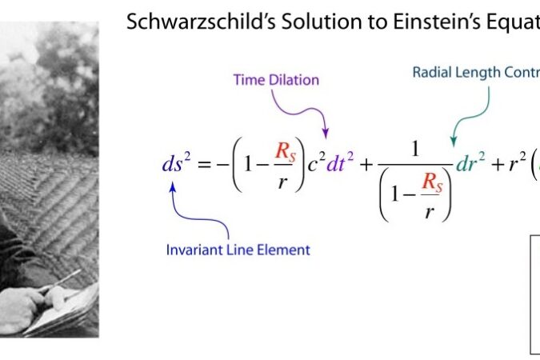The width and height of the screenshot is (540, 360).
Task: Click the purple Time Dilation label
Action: (x=276, y=80)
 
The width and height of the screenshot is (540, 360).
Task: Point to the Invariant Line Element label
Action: (x=238, y=250)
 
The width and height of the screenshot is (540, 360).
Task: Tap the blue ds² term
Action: (x=176, y=163)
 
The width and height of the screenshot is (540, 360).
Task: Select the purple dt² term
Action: (x=340, y=162)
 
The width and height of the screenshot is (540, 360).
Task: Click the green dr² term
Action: (x=470, y=162)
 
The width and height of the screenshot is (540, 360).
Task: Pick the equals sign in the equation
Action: (x=204, y=165)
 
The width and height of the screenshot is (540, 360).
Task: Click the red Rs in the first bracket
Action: (x=286, y=151)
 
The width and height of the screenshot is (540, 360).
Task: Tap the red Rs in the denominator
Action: (x=432, y=182)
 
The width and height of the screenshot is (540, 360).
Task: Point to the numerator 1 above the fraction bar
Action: (x=415, y=149)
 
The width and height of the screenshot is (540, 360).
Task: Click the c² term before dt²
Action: (x=317, y=162)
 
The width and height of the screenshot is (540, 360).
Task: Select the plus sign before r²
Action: (x=498, y=165)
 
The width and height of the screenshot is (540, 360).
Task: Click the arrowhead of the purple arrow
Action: (x=326, y=133)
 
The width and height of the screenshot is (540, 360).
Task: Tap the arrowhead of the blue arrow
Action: (x=173, y=188)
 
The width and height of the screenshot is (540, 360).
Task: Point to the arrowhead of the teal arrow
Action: (x=454, y=141)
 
